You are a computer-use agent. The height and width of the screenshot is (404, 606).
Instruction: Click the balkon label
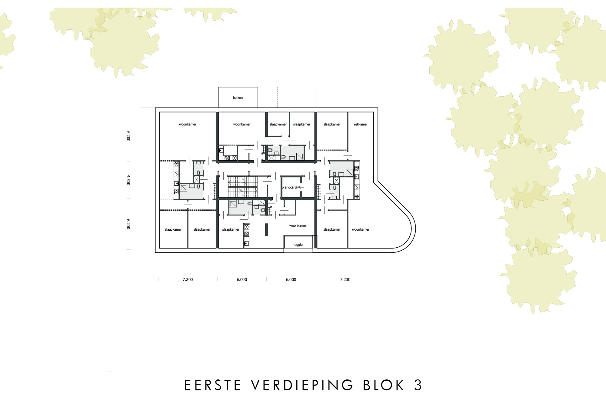click(238, 98)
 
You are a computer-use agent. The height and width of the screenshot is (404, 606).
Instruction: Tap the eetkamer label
click(361, 124)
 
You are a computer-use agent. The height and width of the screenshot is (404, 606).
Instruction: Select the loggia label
click(298, 245)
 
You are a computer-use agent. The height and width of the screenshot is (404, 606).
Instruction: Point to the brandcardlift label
click(291, 187)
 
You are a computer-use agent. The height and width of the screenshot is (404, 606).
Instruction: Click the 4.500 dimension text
click(128, 180)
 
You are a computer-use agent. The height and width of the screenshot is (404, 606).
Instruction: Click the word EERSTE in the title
click(213, 385)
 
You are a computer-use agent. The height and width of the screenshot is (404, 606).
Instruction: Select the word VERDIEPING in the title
click(302, 385)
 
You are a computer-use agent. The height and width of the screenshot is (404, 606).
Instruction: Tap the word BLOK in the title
click(384, 385)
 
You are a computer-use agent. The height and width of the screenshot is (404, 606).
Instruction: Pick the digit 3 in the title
click(418, 385)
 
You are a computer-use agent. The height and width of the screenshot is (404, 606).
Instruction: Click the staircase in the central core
click(242, 186)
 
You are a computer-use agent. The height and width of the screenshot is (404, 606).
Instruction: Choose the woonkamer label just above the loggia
click(298, 225)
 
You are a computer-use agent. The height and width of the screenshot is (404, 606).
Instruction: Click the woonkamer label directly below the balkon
click(242, 124)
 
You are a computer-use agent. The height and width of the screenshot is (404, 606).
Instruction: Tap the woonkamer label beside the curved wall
click(361, 229)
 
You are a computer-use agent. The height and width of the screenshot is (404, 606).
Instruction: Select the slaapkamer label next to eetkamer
click(332, 124)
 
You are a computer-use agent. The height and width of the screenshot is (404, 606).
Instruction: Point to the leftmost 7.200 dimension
click(188, 279)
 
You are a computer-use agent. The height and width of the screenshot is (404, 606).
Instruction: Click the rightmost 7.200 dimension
click(345, 279)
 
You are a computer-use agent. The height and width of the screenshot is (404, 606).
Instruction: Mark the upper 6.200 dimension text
click(128, 136)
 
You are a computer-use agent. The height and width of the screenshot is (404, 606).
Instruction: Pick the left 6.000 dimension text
click(242, 279)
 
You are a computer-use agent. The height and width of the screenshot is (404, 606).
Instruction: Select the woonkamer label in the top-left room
click(188, 124)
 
